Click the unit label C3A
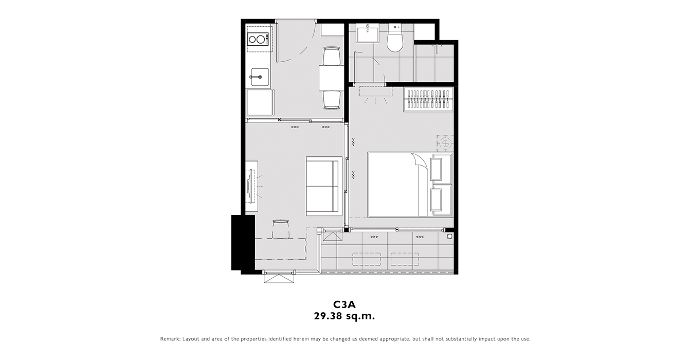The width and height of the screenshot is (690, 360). coord(344,304)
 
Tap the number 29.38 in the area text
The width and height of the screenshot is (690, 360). coord(328,316)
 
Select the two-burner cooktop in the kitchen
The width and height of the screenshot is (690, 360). coord(258,40)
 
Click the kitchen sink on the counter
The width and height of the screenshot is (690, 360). coord(260,77)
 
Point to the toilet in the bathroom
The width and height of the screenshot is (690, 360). coord(395,38)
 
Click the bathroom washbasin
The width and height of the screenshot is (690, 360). coord(367,34)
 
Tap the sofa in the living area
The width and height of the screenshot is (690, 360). coord(324,186)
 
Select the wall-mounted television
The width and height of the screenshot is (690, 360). coord(251,187)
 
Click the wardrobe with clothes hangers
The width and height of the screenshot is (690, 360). coord(428,99)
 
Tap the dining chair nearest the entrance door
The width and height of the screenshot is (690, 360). coord(332,56)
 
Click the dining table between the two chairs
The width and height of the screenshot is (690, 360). coord(332,78)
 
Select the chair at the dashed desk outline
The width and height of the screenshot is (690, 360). coord(281,229)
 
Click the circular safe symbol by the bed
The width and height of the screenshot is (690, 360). coord(445,143)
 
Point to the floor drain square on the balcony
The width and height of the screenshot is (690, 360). coord(449,236)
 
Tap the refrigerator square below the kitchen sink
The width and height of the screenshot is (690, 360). coord(260,103)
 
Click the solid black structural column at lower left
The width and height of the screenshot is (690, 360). coord(243,243)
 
